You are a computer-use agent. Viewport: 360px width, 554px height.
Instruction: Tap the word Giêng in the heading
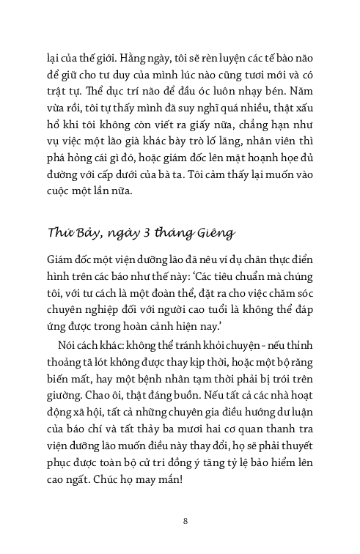pyautogui.click(x=212, y=233)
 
